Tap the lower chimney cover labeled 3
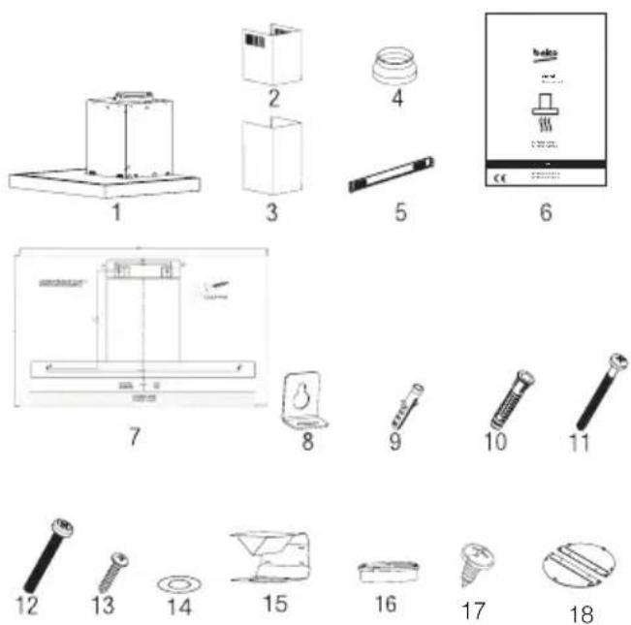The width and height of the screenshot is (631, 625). pos(270,155)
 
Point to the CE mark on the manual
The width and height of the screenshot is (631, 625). pos(502,177)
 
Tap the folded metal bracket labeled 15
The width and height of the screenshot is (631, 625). pos(270,558)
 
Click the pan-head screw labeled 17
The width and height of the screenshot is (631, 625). pos(476,562)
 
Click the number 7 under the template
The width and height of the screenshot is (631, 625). pos(134,435)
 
